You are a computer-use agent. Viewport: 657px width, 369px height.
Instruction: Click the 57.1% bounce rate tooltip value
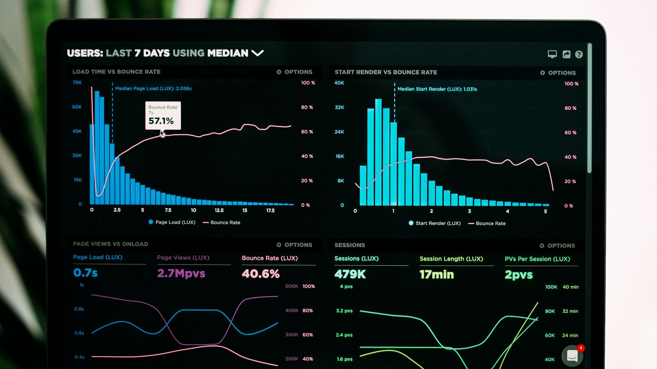tap(161, 121)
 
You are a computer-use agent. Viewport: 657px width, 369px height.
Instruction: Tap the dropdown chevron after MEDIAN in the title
tap(257, 53)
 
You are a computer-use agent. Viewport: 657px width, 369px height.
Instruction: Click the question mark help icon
tap(579, 55)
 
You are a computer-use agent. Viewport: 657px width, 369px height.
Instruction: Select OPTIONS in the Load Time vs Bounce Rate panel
tap(294, 72)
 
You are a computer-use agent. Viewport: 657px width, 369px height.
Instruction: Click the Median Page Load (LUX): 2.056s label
tap(153, 88)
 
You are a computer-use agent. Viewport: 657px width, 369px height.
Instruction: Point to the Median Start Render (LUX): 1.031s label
tap(437, 89)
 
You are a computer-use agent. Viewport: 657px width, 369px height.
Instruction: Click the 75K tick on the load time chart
tap(77, 83)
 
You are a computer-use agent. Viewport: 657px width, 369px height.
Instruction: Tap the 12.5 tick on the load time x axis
tap(219, 210)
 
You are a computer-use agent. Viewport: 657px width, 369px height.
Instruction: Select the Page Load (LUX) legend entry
tap(172, 222)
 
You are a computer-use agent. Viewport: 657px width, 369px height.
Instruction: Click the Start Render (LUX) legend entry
tap(435, 223)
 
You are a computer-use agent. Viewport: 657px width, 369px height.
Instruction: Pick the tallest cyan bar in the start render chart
tap(378, 152)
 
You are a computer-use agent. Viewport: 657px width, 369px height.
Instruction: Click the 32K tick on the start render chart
tap(339, 107)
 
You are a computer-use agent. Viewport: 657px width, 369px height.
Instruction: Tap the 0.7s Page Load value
tap(85, 273)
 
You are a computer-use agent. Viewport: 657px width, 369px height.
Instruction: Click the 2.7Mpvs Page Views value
tap(181, 273)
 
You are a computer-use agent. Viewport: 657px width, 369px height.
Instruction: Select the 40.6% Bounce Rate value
tap(260, 274)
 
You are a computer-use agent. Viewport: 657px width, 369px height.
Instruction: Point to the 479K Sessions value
tap(350, 274)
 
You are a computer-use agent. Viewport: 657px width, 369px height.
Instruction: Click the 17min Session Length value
tap(437, 275)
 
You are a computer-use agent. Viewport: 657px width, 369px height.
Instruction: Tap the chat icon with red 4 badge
tap(572, 356)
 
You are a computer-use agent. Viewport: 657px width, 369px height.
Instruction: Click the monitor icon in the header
tap(552, 54)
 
